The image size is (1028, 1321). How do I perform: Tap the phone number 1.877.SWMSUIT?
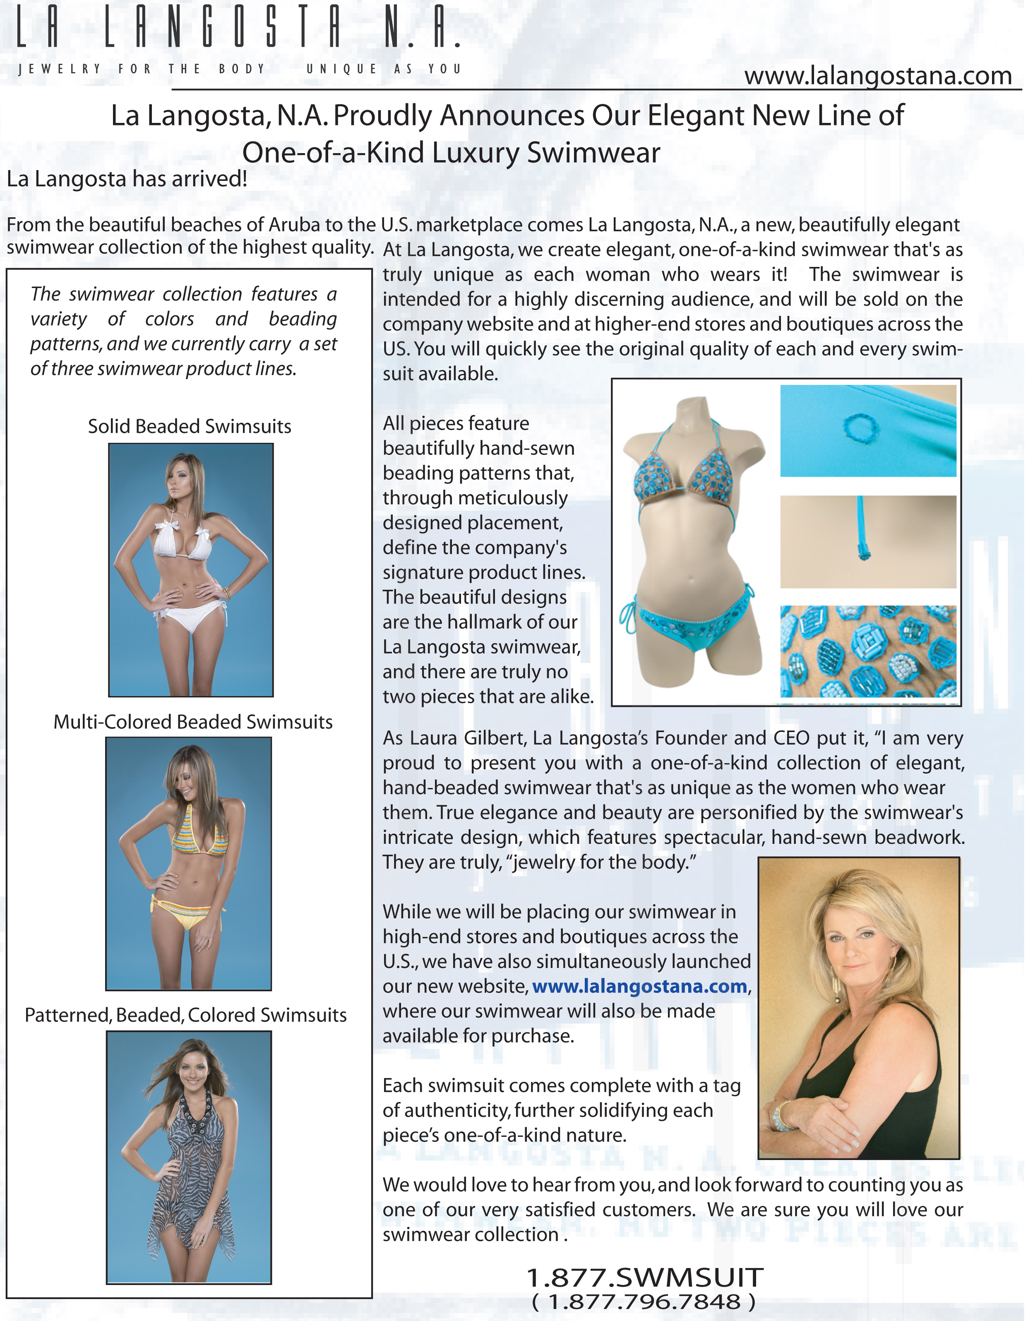(645, 1278)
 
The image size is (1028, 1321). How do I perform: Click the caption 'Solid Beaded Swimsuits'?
(189, 426)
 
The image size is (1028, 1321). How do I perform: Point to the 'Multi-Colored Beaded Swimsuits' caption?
(193, 722)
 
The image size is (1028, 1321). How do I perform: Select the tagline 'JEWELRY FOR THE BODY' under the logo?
(142, 69)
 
